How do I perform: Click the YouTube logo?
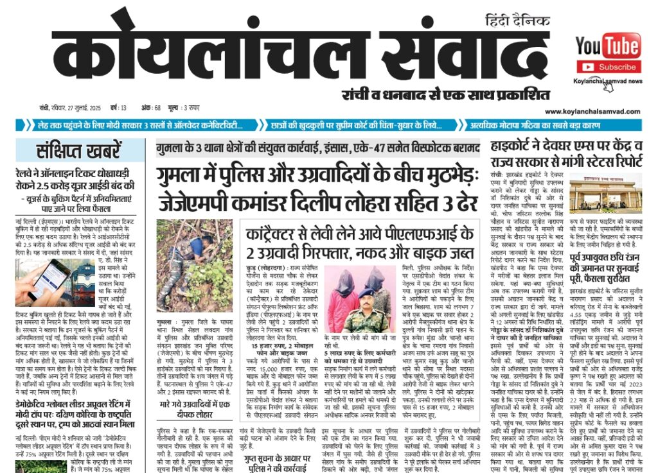(607, 46)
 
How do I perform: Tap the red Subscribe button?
(608, 67)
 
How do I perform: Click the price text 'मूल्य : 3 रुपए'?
(184, 107)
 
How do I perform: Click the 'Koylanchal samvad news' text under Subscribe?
(608, 82)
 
